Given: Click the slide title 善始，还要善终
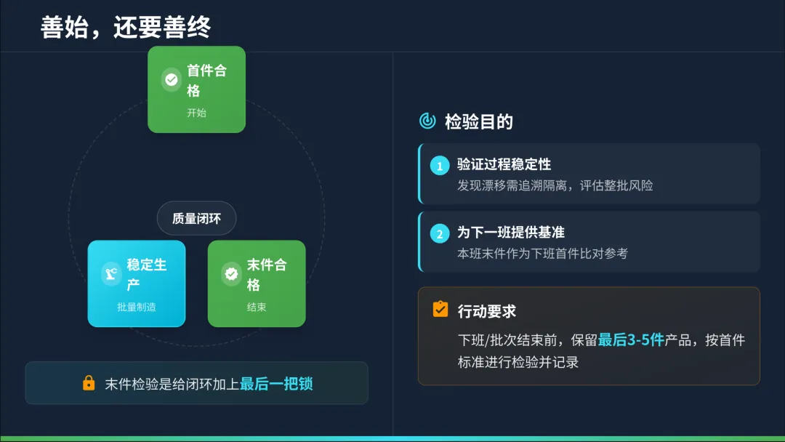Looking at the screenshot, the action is point(126,27).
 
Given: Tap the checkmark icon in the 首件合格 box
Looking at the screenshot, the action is point(172,80).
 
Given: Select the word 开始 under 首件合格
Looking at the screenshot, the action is point(196,113).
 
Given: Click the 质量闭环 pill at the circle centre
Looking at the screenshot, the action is point(197,218).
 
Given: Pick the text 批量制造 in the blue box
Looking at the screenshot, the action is point(137,307).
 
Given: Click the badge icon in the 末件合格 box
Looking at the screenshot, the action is point(231,274).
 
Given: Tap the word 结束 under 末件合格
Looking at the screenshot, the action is point(257,307).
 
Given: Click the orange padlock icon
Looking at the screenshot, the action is point(89,383).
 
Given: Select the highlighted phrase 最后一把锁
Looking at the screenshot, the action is point(276,384).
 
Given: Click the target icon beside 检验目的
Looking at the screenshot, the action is point(428,121).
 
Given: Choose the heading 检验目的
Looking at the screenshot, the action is point(479,121).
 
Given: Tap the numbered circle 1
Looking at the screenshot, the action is point(440,166).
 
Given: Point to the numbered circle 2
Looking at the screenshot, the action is point(440,234).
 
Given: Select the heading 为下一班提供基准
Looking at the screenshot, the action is point(510,233).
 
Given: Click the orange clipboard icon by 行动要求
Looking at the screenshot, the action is point(440,309).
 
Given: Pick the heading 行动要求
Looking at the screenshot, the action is point(486,311).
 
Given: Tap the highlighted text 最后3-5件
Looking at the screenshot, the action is point(631,339).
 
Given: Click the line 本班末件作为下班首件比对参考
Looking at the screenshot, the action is point(542,254).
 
